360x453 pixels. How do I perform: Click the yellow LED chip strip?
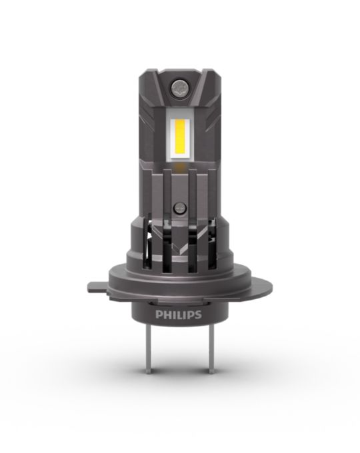point(180,136)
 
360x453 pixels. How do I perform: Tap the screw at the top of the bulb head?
point(179,87)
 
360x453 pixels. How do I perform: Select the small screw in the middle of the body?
point(179,208)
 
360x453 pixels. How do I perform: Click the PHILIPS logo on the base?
point(178,314)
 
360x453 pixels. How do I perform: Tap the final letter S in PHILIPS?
point(197,314)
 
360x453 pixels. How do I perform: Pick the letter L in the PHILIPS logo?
point(180,314)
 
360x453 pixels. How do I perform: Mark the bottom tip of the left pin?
point(149,372)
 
